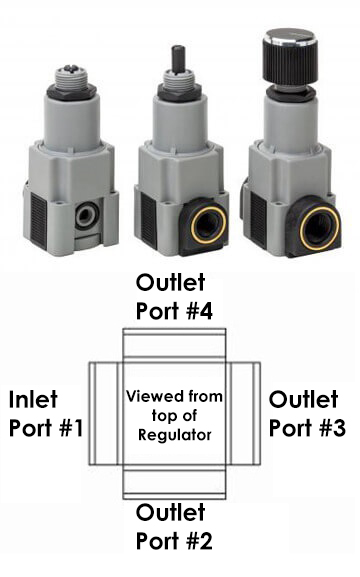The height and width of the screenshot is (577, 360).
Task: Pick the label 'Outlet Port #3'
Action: pos(308,415)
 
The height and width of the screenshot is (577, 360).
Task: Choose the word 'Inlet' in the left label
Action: pos(32,401)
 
